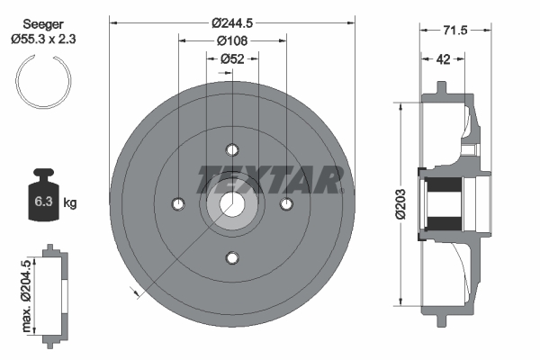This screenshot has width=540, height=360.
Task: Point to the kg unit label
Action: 70,202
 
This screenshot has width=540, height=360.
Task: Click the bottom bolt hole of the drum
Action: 233,259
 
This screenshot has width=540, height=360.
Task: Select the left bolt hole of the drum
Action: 178,203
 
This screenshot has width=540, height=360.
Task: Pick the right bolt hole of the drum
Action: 287,204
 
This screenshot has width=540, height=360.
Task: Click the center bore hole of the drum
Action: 233,204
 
